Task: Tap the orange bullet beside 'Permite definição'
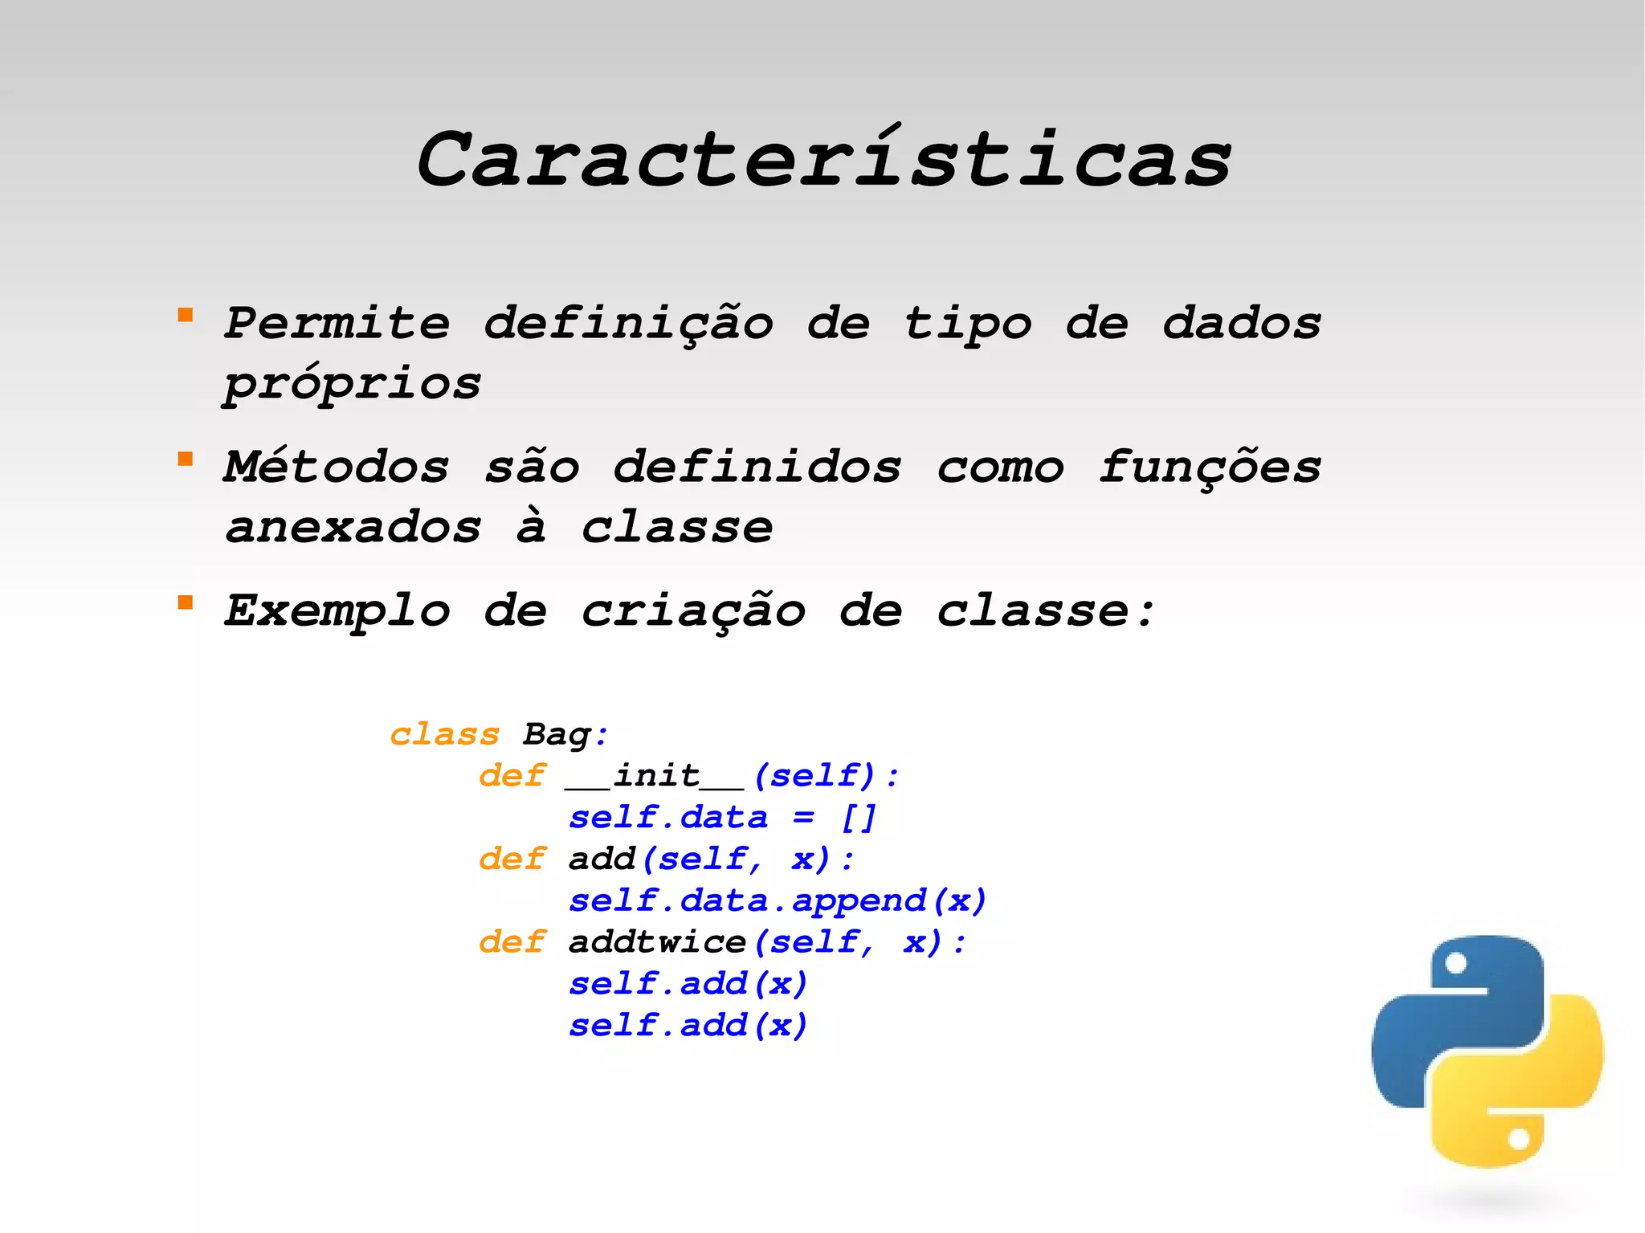coord(186,315)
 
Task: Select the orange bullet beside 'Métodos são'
coord(186,459)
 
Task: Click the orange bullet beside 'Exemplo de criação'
coord(186,602)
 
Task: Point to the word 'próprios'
coord(352,385)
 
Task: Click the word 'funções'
coord(1210,467)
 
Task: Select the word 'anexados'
coord(353,528)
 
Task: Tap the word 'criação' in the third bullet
coord(692,611)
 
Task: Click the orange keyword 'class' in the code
coord(444,735)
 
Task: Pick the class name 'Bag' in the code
coord(557,735)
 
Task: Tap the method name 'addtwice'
coord(657,942)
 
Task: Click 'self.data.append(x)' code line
coord(777,901)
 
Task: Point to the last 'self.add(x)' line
coord(688,1026)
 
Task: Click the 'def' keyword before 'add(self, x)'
coord(512,859)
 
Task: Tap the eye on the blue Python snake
coord(1455,963)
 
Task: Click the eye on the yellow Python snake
coord(1518,1139)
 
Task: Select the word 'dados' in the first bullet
coord(1242,324)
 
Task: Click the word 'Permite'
coord(337,324)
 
